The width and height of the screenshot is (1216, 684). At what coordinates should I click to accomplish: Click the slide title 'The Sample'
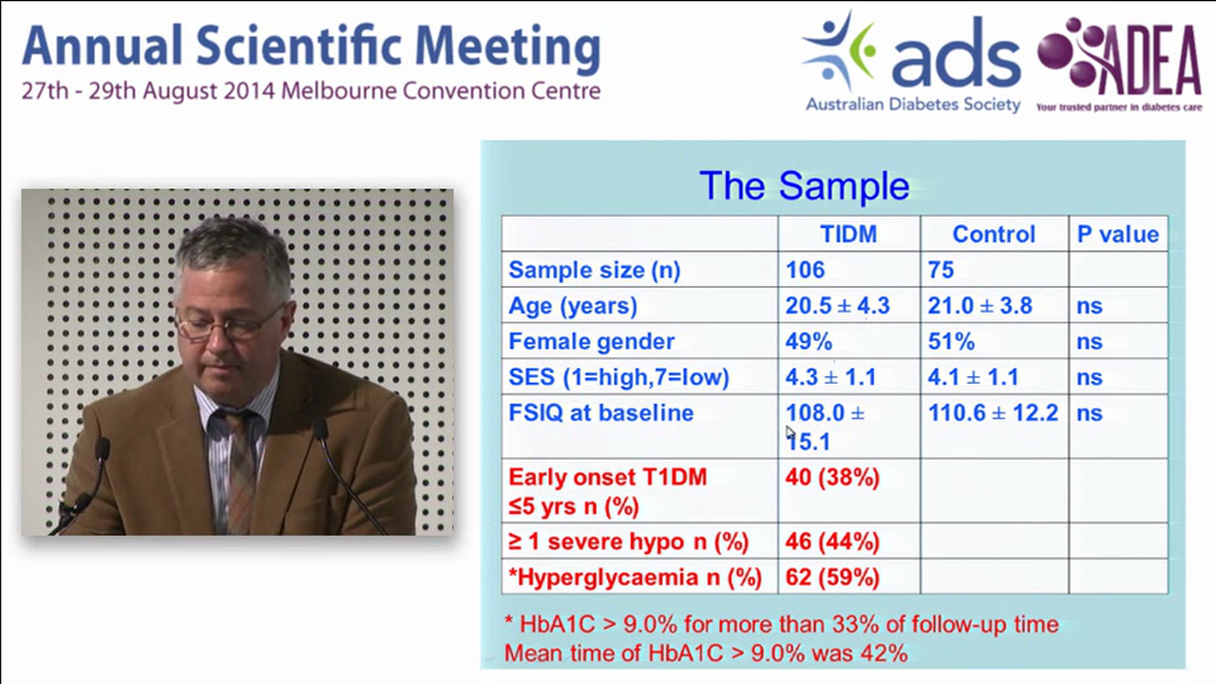pyautogui.click(x=804, y=185)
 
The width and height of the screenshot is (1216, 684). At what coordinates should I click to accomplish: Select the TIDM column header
pyautogui.click(x=848, y=235)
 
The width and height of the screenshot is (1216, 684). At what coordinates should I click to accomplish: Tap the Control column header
pyautogui.click(x=994, y=235)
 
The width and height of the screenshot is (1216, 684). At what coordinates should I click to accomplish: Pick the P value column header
pyautogui.click(x=1117, y=235)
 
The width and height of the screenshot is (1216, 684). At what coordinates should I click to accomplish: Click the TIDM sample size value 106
pyautogui.click(x=805, y=270)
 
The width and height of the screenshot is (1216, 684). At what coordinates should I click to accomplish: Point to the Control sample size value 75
pyautogui.click(x=940, y=270)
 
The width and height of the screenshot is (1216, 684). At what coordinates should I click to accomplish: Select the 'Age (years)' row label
pyautogui.click(x=572, y=306)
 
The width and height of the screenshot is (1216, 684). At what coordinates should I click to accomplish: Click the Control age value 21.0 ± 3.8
pyautogui.click(x=978, y=306)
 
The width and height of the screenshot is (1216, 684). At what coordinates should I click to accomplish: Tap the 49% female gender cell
pyautogui.click(x=808, y=341)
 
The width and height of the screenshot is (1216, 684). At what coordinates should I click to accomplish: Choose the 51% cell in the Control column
pyautogui.click(x=951, y=341)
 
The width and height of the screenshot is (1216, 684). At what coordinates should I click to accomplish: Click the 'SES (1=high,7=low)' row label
pyautogui.click(x=618, y=377)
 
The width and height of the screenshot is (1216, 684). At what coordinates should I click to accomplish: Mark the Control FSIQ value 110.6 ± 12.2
pyautogui.click(x=992, y=413)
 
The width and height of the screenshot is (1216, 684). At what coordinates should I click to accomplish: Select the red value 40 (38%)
pyautogui.click(x=832, y=477)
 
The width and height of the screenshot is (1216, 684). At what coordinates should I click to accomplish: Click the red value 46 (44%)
pyautogui.click(x=832, y=541)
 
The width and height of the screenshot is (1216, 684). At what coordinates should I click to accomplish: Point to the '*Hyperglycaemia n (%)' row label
pyautogui.click(x=635, y=578)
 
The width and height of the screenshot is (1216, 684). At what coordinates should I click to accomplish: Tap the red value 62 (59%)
pyautogui.click(x=832, y=578)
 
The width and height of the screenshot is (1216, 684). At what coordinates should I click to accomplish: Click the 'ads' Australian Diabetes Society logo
pyautogui.click(x=911, y=63)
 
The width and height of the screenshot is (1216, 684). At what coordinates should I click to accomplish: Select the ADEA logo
pyautogui.click(x=1119, y=63)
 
